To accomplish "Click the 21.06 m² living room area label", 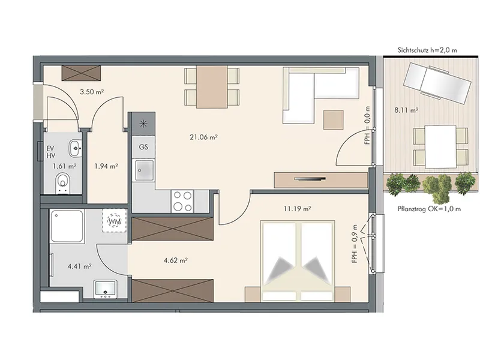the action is click(203, 137).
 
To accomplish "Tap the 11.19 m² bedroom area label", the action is click(297, 209).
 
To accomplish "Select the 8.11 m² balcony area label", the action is click(406, 110).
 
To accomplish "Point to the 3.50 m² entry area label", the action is click(92, 92).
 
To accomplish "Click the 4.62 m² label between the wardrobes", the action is click(176, 260).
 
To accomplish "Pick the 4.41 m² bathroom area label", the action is click(80, 266).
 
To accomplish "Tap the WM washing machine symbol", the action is click(115, 221).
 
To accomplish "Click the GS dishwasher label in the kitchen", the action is click(143, 147).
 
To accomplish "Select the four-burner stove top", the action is click(182, 201).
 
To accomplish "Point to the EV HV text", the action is click(51, 152).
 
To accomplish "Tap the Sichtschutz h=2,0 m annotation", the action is click(427, 50).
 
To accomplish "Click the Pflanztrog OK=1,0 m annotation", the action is click(429, 209).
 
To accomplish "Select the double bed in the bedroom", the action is click(298, 261).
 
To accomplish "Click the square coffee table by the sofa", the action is click(334, 120).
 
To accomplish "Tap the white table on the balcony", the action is click(440, 146).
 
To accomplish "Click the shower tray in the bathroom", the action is click(67, 227).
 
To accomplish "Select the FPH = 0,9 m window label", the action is click(355, 244).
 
